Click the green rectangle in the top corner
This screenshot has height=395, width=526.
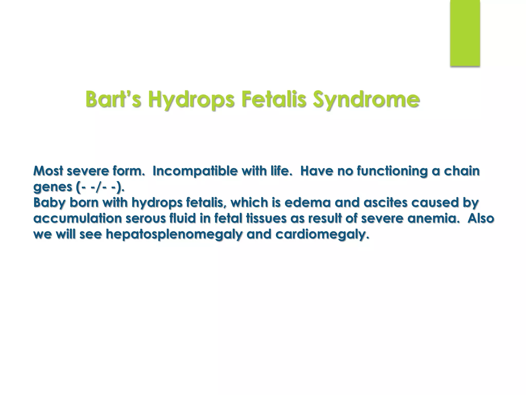(x=465, y=33)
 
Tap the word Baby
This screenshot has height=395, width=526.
(x=49, y=203)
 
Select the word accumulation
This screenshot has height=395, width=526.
(x=78, y=218)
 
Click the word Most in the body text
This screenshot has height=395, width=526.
(x=48, y=171)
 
